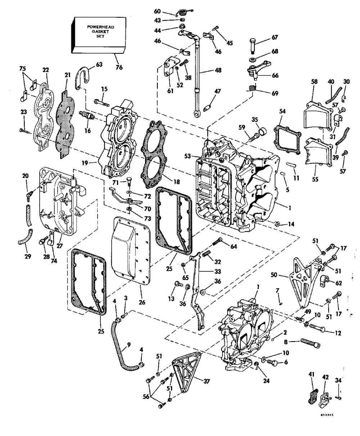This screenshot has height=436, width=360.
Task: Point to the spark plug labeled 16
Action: point(87,116)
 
